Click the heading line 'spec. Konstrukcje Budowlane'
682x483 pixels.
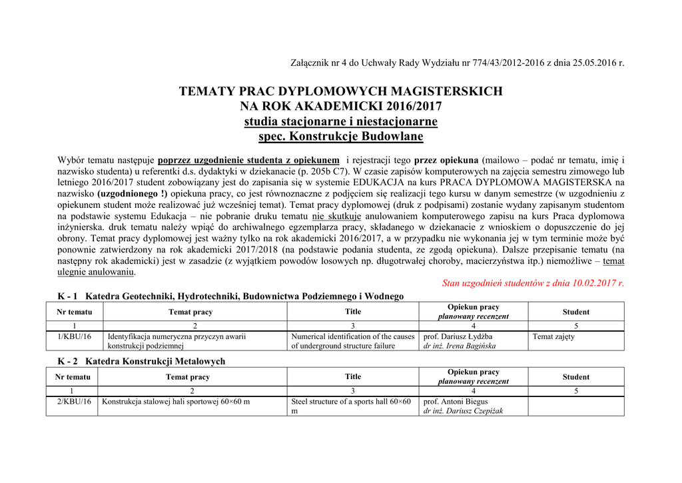[x=340, y=137]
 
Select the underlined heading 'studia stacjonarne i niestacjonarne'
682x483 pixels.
[x=340, y=121]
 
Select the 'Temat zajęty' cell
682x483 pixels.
[x=553, y=336]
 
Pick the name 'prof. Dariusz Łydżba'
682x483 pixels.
[x=460, y=336]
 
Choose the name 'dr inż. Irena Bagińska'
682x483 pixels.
[x=460, y=346]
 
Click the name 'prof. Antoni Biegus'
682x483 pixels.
[x=456, y=402]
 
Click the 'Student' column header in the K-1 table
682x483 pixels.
[x=575, y=312]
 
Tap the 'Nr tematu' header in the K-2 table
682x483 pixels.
[x=73, y=377]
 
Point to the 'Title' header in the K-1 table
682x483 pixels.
[x=353, y=311]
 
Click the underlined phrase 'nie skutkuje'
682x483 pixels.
[x=336, y=217]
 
